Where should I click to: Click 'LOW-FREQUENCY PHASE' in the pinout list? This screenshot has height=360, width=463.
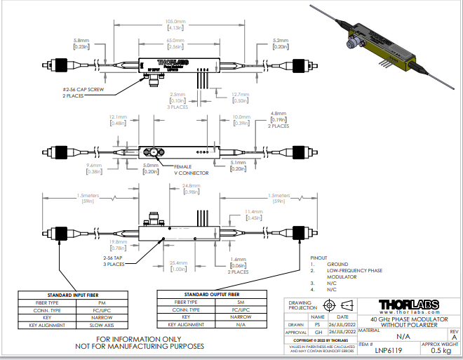coord(356,271)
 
